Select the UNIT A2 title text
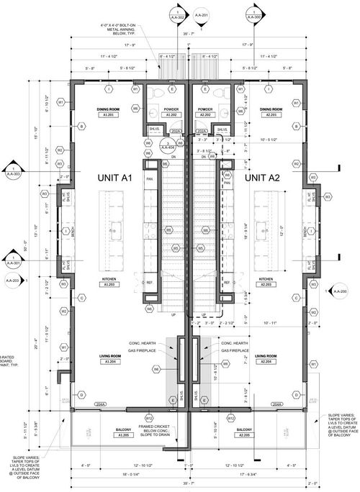coord(265,177)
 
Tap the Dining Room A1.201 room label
coord(108,111)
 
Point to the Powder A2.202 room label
coord(204,111)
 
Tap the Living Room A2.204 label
coord(266,358)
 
